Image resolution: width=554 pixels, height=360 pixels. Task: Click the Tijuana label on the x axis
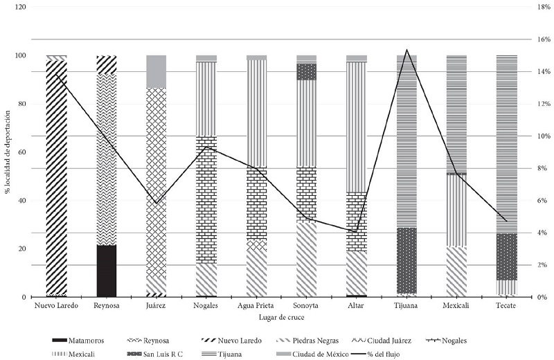406,306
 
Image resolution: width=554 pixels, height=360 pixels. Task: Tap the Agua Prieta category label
256,306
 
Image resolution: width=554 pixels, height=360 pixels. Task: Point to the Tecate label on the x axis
506,306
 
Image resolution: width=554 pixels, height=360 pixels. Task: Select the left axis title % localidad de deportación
8,152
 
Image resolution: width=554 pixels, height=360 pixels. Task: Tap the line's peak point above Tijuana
406,50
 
